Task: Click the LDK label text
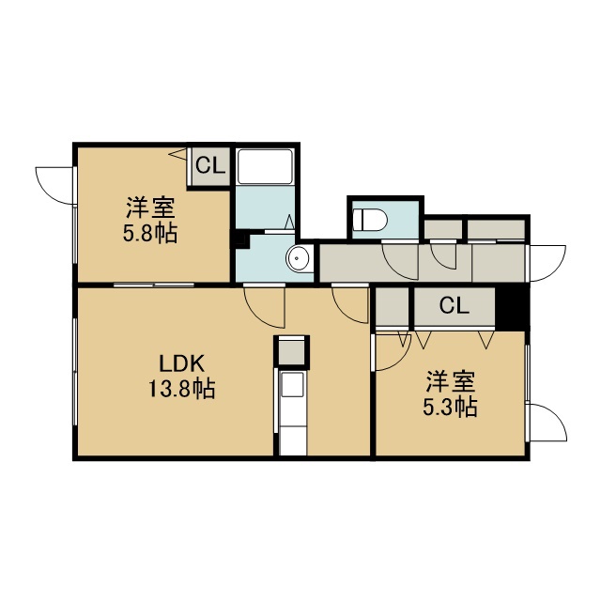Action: (182, 364)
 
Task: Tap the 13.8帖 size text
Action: (181, 389)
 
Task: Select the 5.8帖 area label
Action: (150, 233)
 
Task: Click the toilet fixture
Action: (370, 220)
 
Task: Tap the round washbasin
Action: (297, 258)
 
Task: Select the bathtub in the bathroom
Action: (265, 167)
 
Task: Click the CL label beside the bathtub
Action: (210, 166)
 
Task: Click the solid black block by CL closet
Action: (513, 309)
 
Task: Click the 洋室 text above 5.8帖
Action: (150, 208)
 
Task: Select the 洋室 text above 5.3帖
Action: (451, 382)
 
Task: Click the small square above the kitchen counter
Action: (291, 351)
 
